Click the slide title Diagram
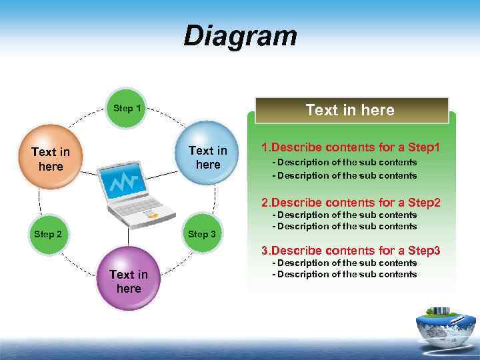point(240,36)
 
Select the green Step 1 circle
point(127,108)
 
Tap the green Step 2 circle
point(49,234)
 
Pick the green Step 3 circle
point(201,234)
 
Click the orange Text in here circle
point(51,159)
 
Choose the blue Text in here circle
point(208,158)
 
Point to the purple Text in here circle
point(128,281)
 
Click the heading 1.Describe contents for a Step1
point(351,147)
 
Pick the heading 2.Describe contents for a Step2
point(351,202)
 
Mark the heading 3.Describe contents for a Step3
point(351,251)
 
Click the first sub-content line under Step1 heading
point(347,162)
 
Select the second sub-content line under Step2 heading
point(347,226)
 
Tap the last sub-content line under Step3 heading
point(347,274)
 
